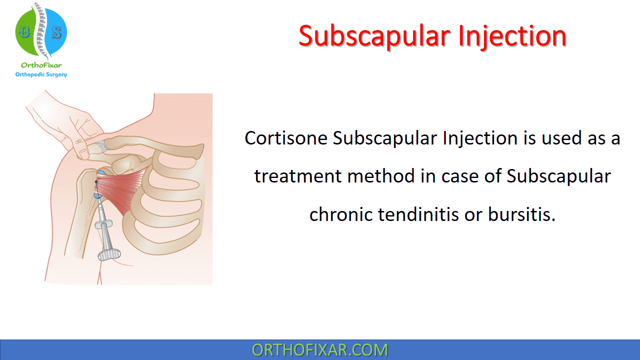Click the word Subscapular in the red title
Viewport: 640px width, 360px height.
[x=374, y=36]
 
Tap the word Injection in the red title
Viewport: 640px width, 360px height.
[x=512, y=36]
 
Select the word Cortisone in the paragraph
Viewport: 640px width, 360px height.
[x=286, y=138]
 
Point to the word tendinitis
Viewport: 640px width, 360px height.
[x=418, y=214]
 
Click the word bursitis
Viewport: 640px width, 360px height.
[x=521, y=214]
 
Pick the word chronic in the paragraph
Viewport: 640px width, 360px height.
[x=341, y=214]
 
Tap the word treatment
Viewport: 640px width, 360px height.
[x=297, y=176]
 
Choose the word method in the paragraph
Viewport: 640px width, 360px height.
[x=380, y=176]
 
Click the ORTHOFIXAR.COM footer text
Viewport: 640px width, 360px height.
[x=319, y=350]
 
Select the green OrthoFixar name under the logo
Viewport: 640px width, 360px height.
[x=41, y=65]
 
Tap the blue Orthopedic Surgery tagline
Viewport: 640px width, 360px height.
[x=41, y=74]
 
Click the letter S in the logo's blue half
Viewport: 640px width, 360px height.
[x=57, y=33]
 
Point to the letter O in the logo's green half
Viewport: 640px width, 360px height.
[x=24, y=31]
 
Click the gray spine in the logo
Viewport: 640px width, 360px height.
[x=41, y=30]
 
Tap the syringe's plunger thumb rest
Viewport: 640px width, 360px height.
[x=109, y=254]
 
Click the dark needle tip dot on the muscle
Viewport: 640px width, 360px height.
[x=96, y=181]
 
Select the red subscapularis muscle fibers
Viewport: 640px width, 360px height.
[x=120, y=189]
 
